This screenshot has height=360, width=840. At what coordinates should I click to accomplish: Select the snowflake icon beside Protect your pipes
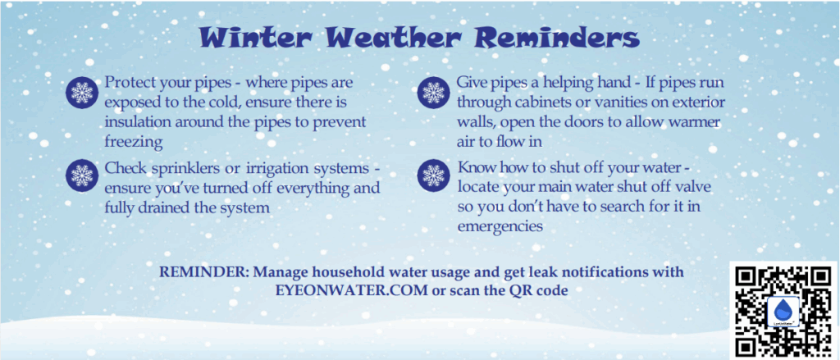coord(82,92)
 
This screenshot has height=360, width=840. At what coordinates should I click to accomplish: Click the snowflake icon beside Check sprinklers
coord(82,175)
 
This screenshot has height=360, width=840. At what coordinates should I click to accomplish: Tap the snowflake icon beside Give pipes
coord(433,92)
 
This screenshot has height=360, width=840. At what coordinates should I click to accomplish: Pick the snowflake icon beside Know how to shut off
coord(433,175)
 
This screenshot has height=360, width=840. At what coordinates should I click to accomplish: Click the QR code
coord(784,311)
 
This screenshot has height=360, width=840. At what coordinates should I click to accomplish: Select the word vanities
coord(623,103)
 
